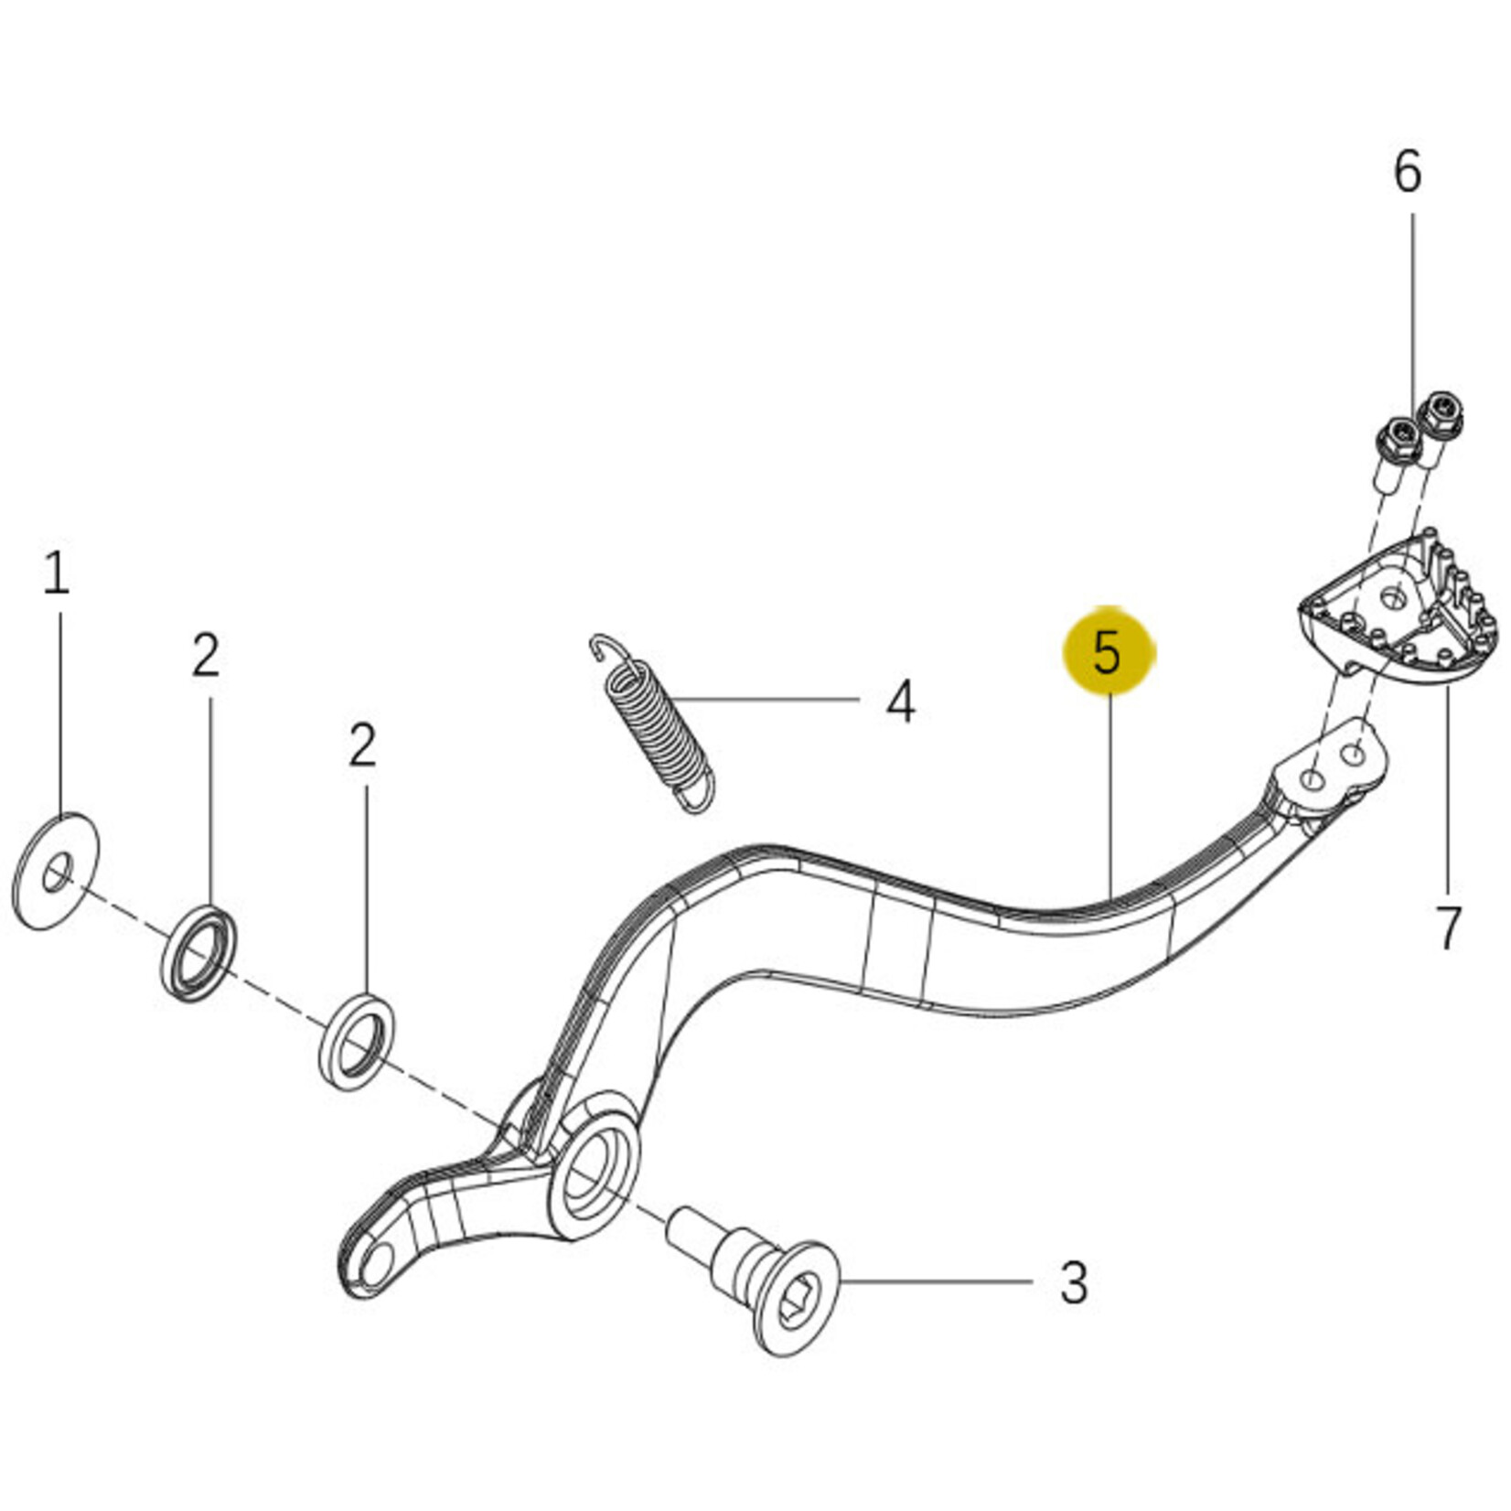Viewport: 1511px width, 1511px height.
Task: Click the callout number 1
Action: pyautogui.click(x=57, y=573)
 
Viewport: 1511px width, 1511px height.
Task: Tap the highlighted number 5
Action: pyautogui.click(x=1108, y=652)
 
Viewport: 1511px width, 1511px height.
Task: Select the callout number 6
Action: pyautogui.click(x=1408, y=171)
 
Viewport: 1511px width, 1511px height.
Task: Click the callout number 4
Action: pyautogui.click(x=900, y=702)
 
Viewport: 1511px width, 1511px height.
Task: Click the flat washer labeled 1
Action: pyautogui.click(x=57, y=872)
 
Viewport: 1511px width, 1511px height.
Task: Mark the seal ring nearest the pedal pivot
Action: pyautogui.click(x=358, y=1041)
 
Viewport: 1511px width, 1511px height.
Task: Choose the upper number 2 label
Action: pyautogui.click(x=206, y=655)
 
